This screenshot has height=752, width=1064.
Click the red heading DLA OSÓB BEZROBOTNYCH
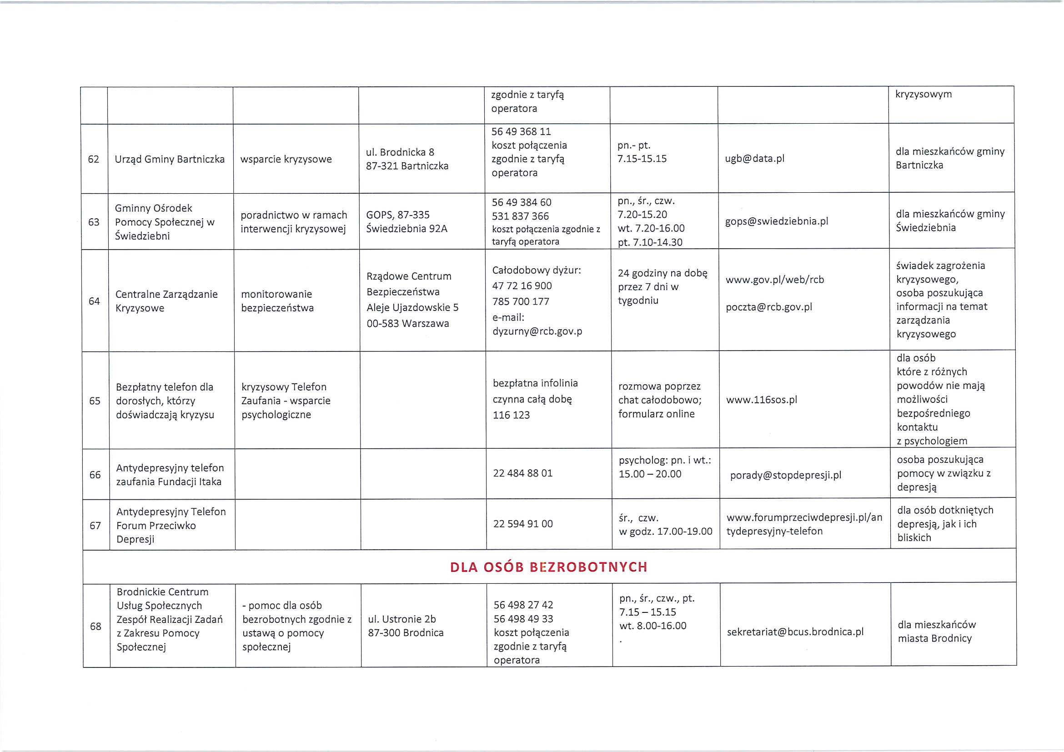pyautogui.click(x=549, y=567)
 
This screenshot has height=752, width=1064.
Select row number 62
pyautogui.click(x=94, y=160)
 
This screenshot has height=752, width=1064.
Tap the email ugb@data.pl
pyautogui.click(x=754, y=159)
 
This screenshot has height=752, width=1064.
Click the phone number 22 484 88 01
pyautogui.click(x=523, y=474)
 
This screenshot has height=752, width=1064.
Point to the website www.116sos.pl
pyautogui.click(x=761, y=400)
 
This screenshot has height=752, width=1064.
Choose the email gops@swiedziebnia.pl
pyautogui.click(x=776, y=221)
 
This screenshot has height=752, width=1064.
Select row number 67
pyautogui.click(x=95, y=526)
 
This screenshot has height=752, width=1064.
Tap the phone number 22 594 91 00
pyautogui.click(x=523, y=524)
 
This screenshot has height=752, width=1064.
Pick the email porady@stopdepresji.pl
pyautogui.click(x=785, y=476)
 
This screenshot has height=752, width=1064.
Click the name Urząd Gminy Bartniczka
pyautogui.click(x=170, y=160)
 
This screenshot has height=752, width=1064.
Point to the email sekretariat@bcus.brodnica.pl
pyautogui.click(x=795, y=632)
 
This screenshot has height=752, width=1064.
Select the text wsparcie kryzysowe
pyautogui.click(x=286, y=160)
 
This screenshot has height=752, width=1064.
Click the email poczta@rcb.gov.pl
pyautogui.click(x=769, y=307)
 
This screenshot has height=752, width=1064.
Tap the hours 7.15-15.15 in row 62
pyautogui.click(x=642, y=159)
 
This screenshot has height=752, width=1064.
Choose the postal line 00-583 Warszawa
pyautogui.click(x=408, y=323)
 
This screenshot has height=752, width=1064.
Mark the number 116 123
pyautogui.click(x=511, y=415)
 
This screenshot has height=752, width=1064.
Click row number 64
pyautogui.click(x=94, y=301)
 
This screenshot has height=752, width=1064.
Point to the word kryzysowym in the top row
pyautogui.click(x=923, y=94)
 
